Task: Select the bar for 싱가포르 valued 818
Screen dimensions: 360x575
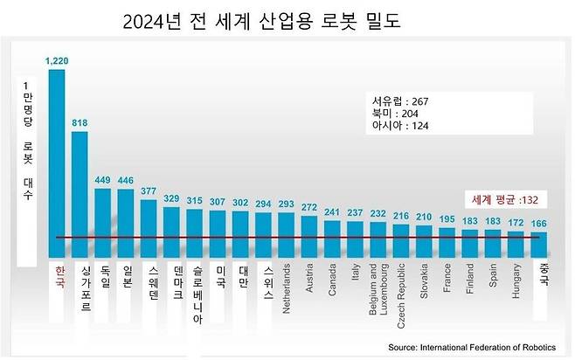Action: pyautogui.click(x=80, y=192)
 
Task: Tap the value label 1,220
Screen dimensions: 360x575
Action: pyautogui.click(x=57, y=61)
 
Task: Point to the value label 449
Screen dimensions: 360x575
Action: pyautogui.click(x=103, y=181)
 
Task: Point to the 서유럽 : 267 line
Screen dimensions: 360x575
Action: pyautogui.click(x=399, y=101)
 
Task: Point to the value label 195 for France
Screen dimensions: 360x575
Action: pyautogui.click(x=447, y=218)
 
